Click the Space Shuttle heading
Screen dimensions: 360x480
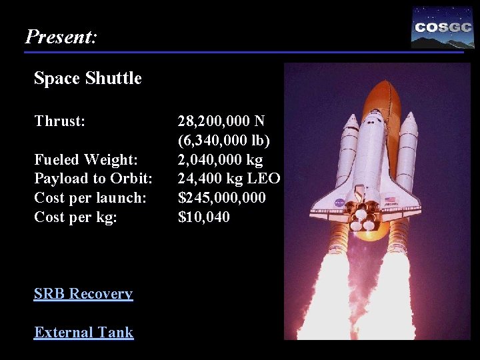[x=87, y=79]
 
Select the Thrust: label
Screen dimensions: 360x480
[x=60, y=121]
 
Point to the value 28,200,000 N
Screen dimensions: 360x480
[x=221, y=121]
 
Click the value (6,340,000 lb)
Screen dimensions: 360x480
[x=223, y=141]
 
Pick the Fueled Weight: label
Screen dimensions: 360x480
[x=86, y=160]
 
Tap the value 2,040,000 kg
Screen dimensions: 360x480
[x=220, y=160]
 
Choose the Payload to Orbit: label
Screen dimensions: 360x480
[x=93, y=179]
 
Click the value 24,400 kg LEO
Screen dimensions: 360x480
[x=229, y=179]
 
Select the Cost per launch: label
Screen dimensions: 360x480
[x=90, y=198]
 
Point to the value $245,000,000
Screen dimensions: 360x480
[x=221, y=198]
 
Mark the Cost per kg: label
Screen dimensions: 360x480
[x=75, y=217]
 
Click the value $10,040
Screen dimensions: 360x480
[x=203, y=217]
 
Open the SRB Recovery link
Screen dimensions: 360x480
[x=83, y=294]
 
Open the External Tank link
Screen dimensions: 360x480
[x=83, y=333]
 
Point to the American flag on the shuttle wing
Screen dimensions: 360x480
[x=390, y=199]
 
